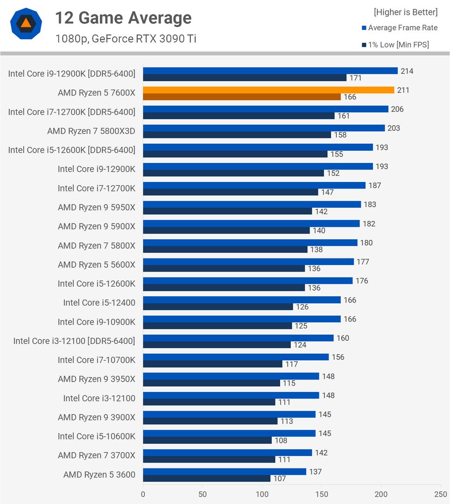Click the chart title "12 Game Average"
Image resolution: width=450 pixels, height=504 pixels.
pos(123,18)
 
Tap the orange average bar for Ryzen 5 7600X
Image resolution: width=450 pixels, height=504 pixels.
pos(268,90)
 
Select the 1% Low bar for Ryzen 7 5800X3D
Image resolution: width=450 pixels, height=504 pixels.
pos(237,135)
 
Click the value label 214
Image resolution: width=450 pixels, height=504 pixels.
pos(407,71)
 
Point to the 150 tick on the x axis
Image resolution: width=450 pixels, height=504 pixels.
pos(322,494)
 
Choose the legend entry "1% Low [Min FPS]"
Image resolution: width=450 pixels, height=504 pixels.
pos(398,45)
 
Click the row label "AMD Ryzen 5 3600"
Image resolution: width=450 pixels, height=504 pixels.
pos(99,475)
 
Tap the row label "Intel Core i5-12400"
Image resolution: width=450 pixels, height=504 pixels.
pos(99,303)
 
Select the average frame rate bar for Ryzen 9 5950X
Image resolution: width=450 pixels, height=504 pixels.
pos(252,204)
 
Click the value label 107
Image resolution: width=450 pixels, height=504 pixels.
pos(279,478)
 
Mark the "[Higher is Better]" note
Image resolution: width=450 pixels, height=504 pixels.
pos(406,12)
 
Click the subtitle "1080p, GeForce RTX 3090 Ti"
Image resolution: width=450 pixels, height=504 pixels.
pos(126,39)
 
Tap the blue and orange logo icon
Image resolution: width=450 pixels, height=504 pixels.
pos(26,23)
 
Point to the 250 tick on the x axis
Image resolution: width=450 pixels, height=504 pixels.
pos(440,494)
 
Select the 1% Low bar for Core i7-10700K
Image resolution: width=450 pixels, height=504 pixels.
pos(212,364)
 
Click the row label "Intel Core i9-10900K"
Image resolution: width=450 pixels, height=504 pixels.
pos(96,322)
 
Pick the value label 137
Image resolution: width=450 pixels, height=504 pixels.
pos(315,472)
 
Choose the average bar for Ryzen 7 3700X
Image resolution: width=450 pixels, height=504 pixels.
pos(227,453)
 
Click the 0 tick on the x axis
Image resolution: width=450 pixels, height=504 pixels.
pos(143,494)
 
